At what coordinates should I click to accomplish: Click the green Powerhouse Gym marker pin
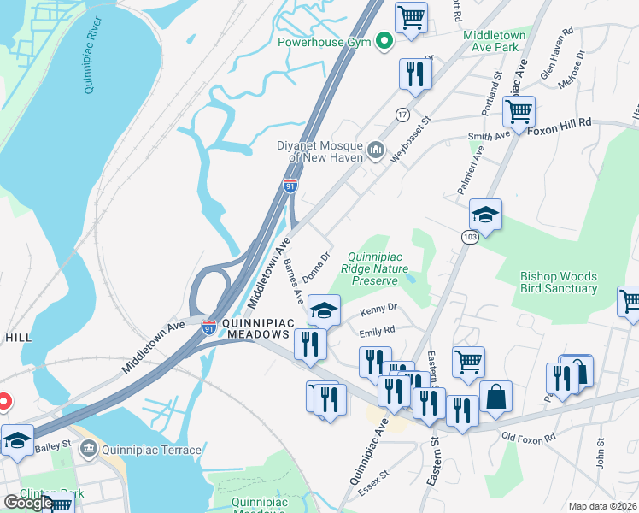coord(384,40)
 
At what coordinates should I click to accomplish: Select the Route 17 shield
coord(402,114)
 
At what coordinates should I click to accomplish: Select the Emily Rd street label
coord(377,329)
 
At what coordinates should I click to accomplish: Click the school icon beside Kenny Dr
coord(324,310)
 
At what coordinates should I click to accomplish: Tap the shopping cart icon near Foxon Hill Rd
coord(519,110)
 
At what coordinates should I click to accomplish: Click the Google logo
coord(28,503)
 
